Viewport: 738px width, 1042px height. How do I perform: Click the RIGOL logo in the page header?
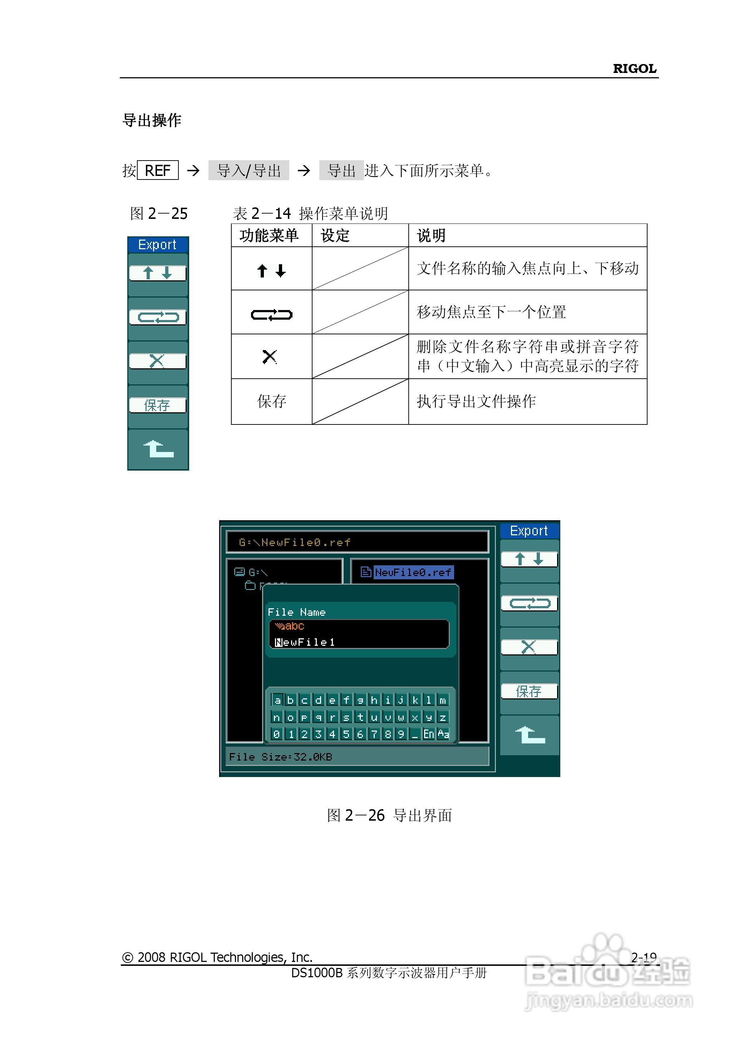coord(634,69)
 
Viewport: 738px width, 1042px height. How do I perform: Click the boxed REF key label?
coord(157,171)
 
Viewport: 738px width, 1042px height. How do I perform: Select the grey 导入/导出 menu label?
coord(249,171)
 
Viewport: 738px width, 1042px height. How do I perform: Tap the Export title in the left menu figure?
coord(157,245)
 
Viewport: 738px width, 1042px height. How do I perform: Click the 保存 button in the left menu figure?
coord(157,405)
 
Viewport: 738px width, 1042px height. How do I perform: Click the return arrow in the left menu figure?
coord(158,449)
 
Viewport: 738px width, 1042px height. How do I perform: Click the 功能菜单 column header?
coord(269,235)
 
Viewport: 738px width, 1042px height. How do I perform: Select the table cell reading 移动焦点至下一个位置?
coord(491,312)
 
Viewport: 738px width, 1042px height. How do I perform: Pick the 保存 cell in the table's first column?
coord(271,401)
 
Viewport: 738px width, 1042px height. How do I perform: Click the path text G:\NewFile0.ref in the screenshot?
coord(295,542)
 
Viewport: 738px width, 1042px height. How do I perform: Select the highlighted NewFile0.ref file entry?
coord(413,572)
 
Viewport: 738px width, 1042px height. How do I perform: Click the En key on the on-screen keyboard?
coord(428,734)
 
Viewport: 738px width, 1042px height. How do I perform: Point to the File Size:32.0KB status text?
coord(280,757)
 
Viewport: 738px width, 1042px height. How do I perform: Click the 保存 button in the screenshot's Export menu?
coord(528,691)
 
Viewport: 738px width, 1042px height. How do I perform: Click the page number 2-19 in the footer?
coord(644,958)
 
